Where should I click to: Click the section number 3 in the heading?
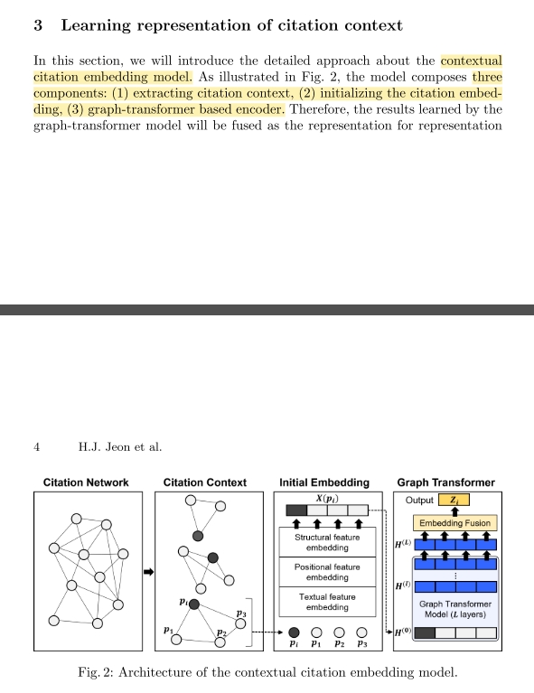(38, 25)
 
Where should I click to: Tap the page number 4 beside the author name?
(36, 446)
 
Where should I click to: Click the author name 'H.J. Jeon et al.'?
(121, 446)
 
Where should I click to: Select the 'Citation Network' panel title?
(86, 482)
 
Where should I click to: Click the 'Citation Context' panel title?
(205, 482)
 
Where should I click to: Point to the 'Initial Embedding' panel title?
(324, 482)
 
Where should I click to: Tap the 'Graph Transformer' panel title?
(446, 482)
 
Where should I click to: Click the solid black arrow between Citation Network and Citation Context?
(150, 572)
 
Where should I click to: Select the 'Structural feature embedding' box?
(327, 543)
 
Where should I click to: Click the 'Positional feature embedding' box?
(327, 572)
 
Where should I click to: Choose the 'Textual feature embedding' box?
(327, 602)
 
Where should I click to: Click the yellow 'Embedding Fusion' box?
(454, 522)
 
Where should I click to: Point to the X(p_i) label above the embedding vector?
(326, 500)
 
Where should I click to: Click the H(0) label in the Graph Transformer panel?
(403, 633)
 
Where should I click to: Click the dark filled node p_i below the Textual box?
(294, 632)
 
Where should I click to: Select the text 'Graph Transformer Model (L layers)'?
(455, 609)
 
